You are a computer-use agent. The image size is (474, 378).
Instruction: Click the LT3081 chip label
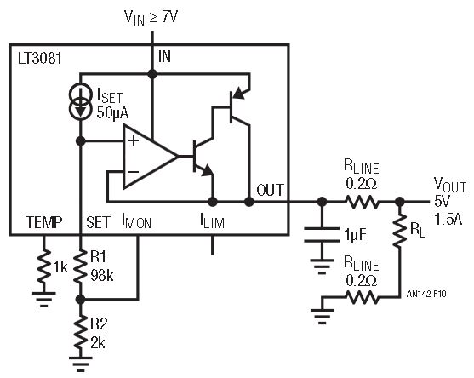click(40, 59)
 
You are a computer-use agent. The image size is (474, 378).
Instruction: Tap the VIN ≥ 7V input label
click(151, 18)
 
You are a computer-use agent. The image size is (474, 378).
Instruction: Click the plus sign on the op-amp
click(134, 141)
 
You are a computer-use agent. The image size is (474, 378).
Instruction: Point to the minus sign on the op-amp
click(133, 172)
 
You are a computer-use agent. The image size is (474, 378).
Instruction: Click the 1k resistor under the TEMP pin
click(44, 266)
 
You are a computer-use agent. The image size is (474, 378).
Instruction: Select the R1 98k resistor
click(80, 266)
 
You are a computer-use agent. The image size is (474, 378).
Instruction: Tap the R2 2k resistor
click(80, 333)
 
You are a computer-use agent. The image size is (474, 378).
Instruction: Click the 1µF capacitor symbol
click(322, 235)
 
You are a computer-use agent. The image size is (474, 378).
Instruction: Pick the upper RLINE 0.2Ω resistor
click(361, 202)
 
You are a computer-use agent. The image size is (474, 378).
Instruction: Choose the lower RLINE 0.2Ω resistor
click(361, 297)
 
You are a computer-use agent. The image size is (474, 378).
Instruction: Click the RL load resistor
click(400, 230)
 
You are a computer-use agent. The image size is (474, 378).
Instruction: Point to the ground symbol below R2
click(80, 364)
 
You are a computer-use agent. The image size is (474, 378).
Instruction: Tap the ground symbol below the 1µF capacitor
click(322, 266)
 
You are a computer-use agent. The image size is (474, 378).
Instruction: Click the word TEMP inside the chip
click(44, 222)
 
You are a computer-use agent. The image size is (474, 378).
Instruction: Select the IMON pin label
click(137, 221)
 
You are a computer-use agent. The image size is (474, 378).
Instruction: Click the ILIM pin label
click(212, 221)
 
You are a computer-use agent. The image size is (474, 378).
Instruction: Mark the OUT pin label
click(271, 190)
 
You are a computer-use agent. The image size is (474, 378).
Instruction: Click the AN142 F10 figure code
click(426, 294)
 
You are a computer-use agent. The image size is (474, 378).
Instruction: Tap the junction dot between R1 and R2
click(80, 300)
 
